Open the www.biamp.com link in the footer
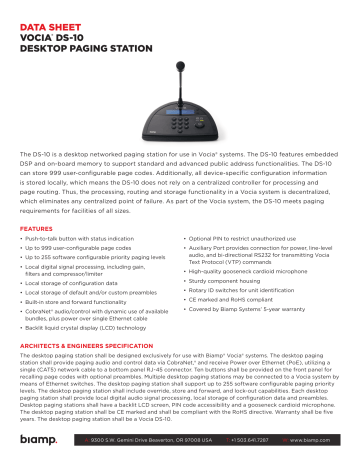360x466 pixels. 311,439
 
